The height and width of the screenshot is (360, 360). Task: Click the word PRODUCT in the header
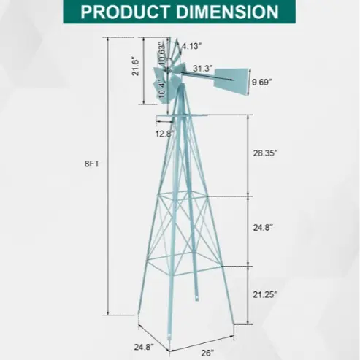[125, 12]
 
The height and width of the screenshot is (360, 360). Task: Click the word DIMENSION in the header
[227, 12]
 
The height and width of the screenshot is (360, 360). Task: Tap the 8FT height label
[92, 164]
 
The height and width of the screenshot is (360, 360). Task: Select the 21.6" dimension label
[135, 66]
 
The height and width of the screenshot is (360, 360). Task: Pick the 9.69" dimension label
[261, 82]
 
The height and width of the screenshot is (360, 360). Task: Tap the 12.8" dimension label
[165, 134]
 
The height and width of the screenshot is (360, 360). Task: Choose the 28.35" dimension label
[265, 153]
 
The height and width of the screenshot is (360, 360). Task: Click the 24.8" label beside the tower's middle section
[263, 228]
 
